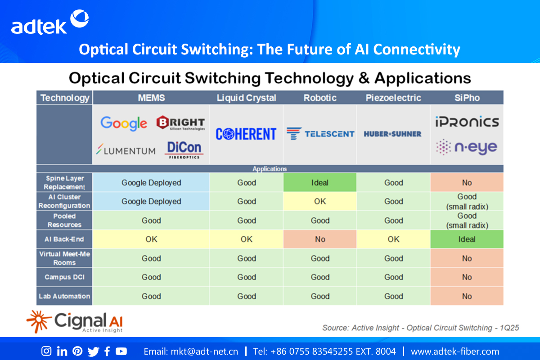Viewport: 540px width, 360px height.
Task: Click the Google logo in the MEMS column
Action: tap(124, 123)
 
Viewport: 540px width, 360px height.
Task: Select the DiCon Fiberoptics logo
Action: tap(184, 150)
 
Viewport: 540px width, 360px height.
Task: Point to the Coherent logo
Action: tap(246, 134)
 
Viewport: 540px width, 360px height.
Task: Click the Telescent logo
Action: tap(320, 134)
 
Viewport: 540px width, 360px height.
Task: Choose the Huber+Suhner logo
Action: tap(393, 134)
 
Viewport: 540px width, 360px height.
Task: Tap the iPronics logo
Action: tap(467, 121)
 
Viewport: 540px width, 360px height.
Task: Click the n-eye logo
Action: tap(467, 147)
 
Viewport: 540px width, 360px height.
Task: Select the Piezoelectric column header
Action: tap(393, 98)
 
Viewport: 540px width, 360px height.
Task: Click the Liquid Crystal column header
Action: tap(246, 98)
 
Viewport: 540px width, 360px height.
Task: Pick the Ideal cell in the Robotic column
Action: tap(320, 183)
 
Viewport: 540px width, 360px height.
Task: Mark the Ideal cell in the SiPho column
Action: tap(467, 239)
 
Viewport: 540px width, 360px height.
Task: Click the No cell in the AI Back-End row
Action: tap(320, 239)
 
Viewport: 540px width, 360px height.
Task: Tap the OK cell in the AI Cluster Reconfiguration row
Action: tap(320, 201)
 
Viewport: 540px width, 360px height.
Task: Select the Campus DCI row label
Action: tap(64, 277)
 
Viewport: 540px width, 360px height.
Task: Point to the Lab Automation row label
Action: tap(64, 296)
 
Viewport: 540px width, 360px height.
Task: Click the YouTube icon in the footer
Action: tap(121, 351)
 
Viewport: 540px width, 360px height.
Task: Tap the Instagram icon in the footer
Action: tap(46, 351)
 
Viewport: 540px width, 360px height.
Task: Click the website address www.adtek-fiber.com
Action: tap(455, 351)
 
